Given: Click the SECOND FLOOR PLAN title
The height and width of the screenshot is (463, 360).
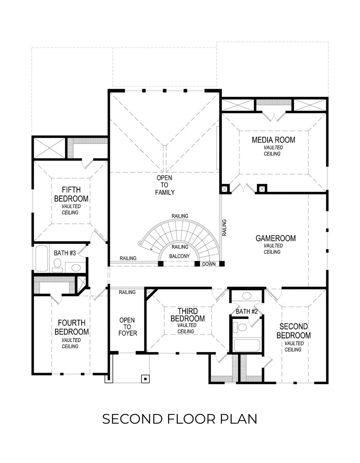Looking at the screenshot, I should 180,419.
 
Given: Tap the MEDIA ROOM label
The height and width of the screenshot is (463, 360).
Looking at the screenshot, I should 273,140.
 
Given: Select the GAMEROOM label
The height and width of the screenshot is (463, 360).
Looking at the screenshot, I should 275,238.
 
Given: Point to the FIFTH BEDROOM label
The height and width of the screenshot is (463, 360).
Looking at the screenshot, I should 71,194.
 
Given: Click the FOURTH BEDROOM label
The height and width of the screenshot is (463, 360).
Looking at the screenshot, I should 71,327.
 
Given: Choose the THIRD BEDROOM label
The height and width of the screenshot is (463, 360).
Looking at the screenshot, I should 187,315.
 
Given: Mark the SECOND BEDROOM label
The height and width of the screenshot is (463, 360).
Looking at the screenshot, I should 293,331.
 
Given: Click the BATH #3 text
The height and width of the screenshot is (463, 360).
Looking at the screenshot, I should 65,253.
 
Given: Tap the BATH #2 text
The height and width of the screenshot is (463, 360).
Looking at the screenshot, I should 247,311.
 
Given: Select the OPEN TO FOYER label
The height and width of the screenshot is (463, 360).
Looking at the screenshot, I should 127,327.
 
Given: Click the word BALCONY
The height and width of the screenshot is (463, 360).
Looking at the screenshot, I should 179,256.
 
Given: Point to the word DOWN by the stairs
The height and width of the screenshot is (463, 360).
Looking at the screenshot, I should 208,264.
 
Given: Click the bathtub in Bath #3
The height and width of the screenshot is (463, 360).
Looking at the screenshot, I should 41,258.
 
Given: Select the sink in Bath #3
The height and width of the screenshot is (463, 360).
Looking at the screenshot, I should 76,267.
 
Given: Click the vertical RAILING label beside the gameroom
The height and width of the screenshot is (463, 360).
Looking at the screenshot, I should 224,228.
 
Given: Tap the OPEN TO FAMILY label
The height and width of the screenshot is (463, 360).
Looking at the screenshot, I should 165,185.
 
